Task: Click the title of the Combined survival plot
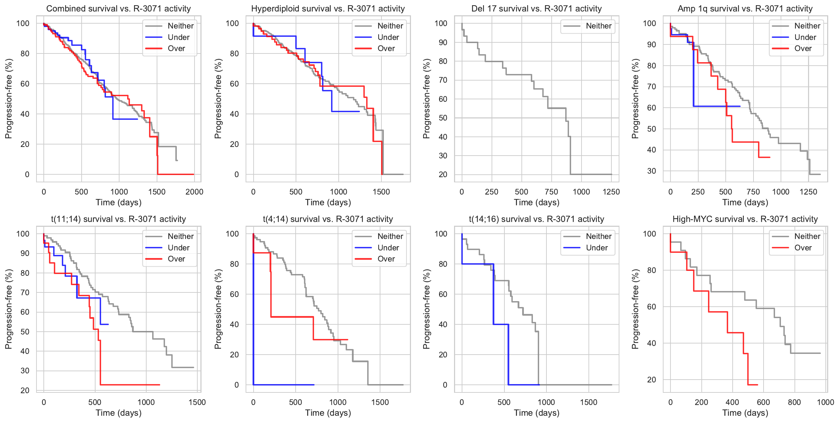click(118, 9)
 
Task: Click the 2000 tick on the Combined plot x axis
click(194, 192)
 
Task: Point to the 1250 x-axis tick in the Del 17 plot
click(611, 192)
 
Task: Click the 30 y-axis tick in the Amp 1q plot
click(651, 171)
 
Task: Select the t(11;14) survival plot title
click(118, 219)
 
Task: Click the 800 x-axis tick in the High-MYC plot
click(794, 402)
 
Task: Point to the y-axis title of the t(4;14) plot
click(218, 309)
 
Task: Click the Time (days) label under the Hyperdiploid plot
click(328, 202)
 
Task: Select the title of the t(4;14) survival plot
click(328, 219)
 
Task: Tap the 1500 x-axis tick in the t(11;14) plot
click(197, 402)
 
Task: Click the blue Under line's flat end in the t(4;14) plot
click(313, 384)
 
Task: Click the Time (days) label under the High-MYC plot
click(745, 413)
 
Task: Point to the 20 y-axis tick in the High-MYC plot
click(651, 380)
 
